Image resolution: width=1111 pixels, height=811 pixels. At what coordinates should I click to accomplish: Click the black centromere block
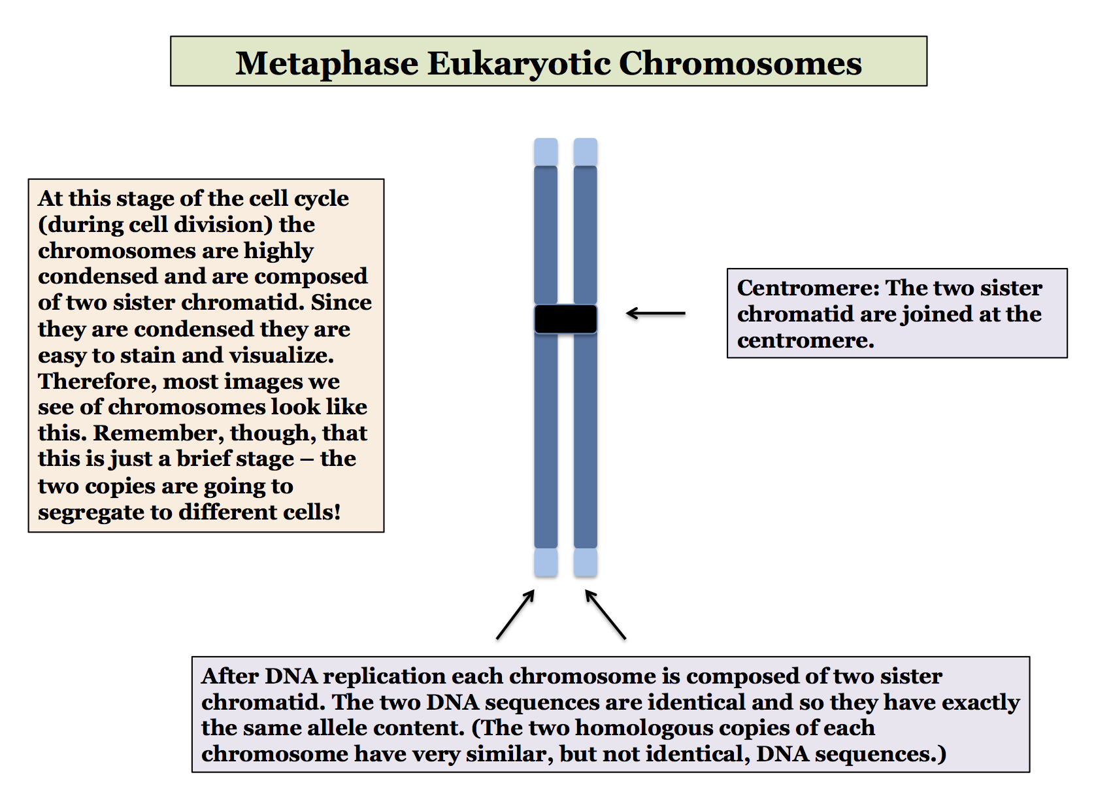tap(565, 319)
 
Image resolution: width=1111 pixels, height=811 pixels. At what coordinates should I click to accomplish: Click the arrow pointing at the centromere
tap(655, 314)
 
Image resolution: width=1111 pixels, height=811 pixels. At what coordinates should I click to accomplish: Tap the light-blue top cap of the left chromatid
tap(546, 152)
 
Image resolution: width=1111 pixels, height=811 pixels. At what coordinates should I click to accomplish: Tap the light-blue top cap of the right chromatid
tap(585, 152)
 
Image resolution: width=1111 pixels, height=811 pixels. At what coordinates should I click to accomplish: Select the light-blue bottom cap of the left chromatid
tap(546, 562)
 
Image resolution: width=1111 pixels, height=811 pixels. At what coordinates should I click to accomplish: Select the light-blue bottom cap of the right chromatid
tap(585, 562)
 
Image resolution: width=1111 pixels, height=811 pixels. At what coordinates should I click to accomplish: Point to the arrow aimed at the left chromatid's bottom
tap(516, 614)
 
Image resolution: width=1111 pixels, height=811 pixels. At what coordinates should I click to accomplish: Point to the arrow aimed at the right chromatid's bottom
tap(605, 614)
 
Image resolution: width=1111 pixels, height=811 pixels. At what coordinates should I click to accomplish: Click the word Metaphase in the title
tap(327, 63)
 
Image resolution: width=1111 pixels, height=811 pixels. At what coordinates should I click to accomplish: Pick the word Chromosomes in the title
tap(740, 63)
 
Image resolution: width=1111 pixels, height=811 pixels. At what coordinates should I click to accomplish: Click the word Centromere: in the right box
tap(808, 288)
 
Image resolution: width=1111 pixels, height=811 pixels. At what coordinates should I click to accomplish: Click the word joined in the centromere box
tap(937, 315)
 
